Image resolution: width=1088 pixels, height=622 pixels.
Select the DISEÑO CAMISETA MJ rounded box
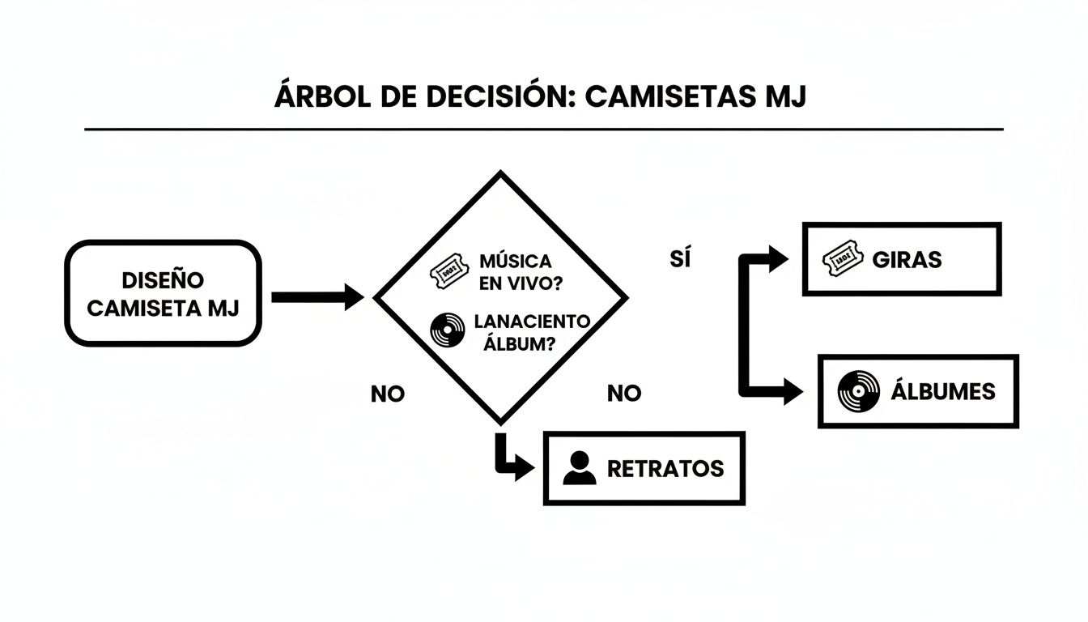(x=163, y=293)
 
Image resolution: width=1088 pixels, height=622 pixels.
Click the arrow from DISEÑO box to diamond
(x=317, y=297)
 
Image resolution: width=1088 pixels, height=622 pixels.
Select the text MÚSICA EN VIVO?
(x=516, y=271)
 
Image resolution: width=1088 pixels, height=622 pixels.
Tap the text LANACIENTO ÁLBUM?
(x=530, y=331)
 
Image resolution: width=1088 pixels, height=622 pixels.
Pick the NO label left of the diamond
(x=387, y=394)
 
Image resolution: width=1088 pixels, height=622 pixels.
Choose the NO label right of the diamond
(x=624, y=394)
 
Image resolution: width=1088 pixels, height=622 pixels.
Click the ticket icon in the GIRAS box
(x=842, y=261)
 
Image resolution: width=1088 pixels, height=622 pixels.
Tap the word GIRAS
(x=907, y=261)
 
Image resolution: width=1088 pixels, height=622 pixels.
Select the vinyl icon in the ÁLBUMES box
(x=858, y=392)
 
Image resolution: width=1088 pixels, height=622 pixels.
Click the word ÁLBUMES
(x=942, y=392)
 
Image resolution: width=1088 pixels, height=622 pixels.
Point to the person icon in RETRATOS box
(x=579, y=468)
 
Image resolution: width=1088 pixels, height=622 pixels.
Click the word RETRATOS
(x=665, y=469)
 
